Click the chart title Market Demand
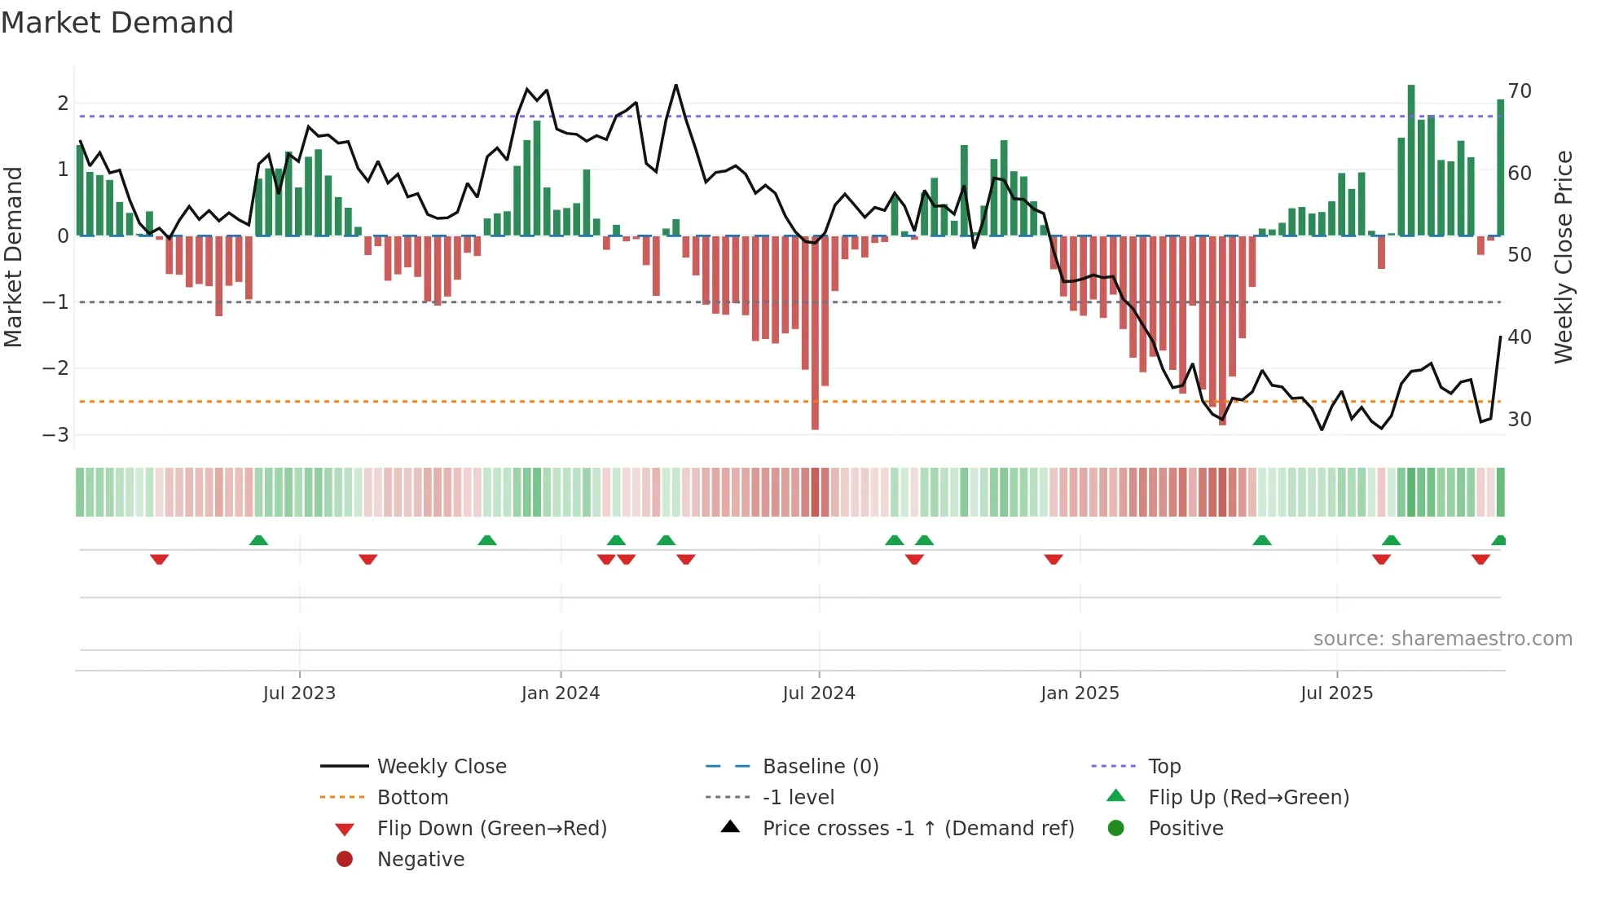pyautogui.click(x=117, y=23)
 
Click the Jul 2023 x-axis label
pyautogui.click(x=299, y=693)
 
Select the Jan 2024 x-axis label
pyautogui.click(x=561, y=693)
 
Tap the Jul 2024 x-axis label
pyautogui.click(x=819, y=693)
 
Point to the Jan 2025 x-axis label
pyautogui.click(x=1080, y=693)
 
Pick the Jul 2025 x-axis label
pyautogui.click(x=1337, y=693)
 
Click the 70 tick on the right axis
pyautogui.click(x=1520, y=91)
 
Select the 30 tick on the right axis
pyautogui.click(x=1520, y=420)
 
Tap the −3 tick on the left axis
pyautogui.click(x=55, y=434)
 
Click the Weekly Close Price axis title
pyautogui.click(x=1563, y=257)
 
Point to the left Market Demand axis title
pyautogui.click(x=13, y=257)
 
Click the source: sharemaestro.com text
pyautogui.click(x=1442, y=639)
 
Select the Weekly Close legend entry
pyautogui.click(x=441, y=767)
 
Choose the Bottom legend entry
pyautogui.click(x=412, y=798)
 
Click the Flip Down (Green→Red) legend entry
pyautogui.click(x=491, y=829)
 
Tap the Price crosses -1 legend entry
pyautogui.click(x=917, y=829)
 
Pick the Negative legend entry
pyautogui.click(x=420, y=860)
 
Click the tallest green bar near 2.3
pyautogui.click(x=1411, y=160)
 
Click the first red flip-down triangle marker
pyautogui.click(x=160, y=559)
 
